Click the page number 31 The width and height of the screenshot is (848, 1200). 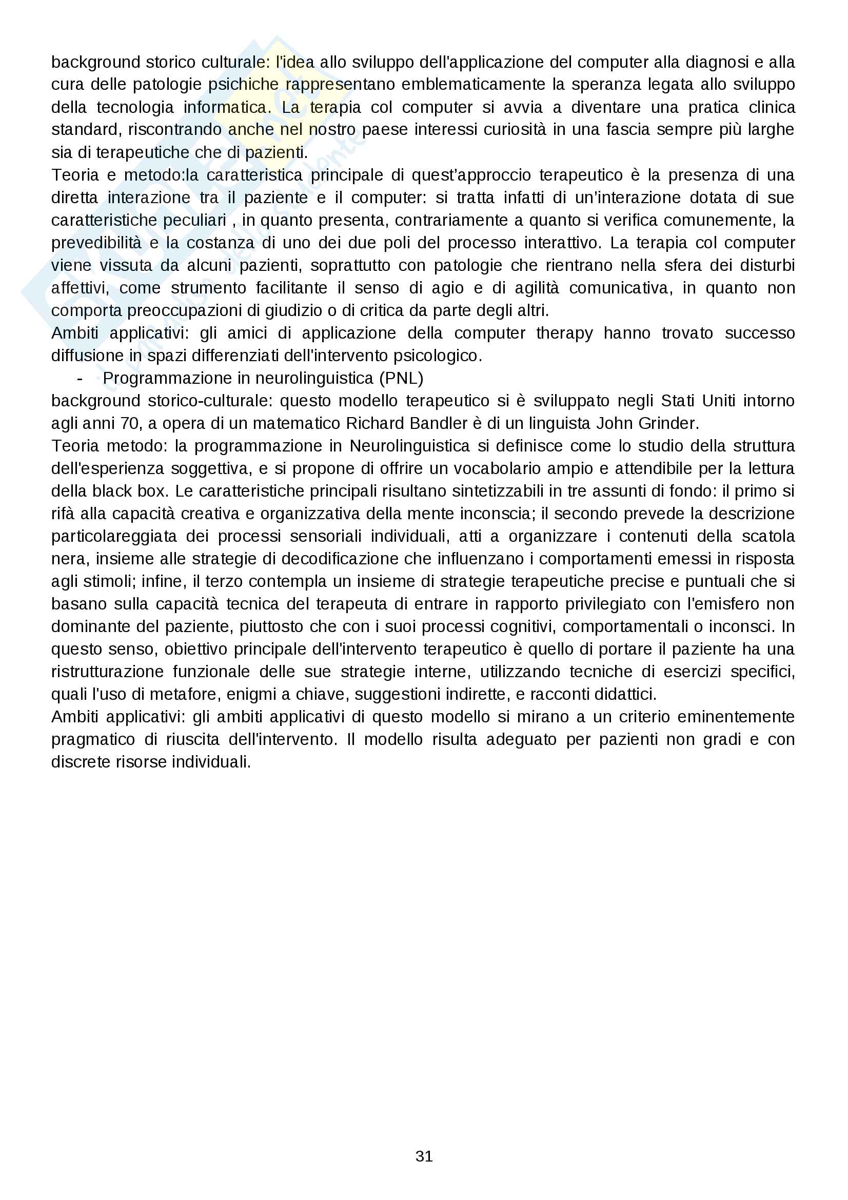pyautogui.click(x=424, y=1156)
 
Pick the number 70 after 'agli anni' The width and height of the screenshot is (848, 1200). pyautogui.click(x=132, y=423)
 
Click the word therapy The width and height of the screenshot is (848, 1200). pyautogui.click(x=564, y=333)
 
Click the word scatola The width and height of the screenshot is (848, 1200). pyautogui.click(x=768, y=536)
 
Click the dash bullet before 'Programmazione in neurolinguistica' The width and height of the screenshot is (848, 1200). pyautogui.click(x=80, y=378)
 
